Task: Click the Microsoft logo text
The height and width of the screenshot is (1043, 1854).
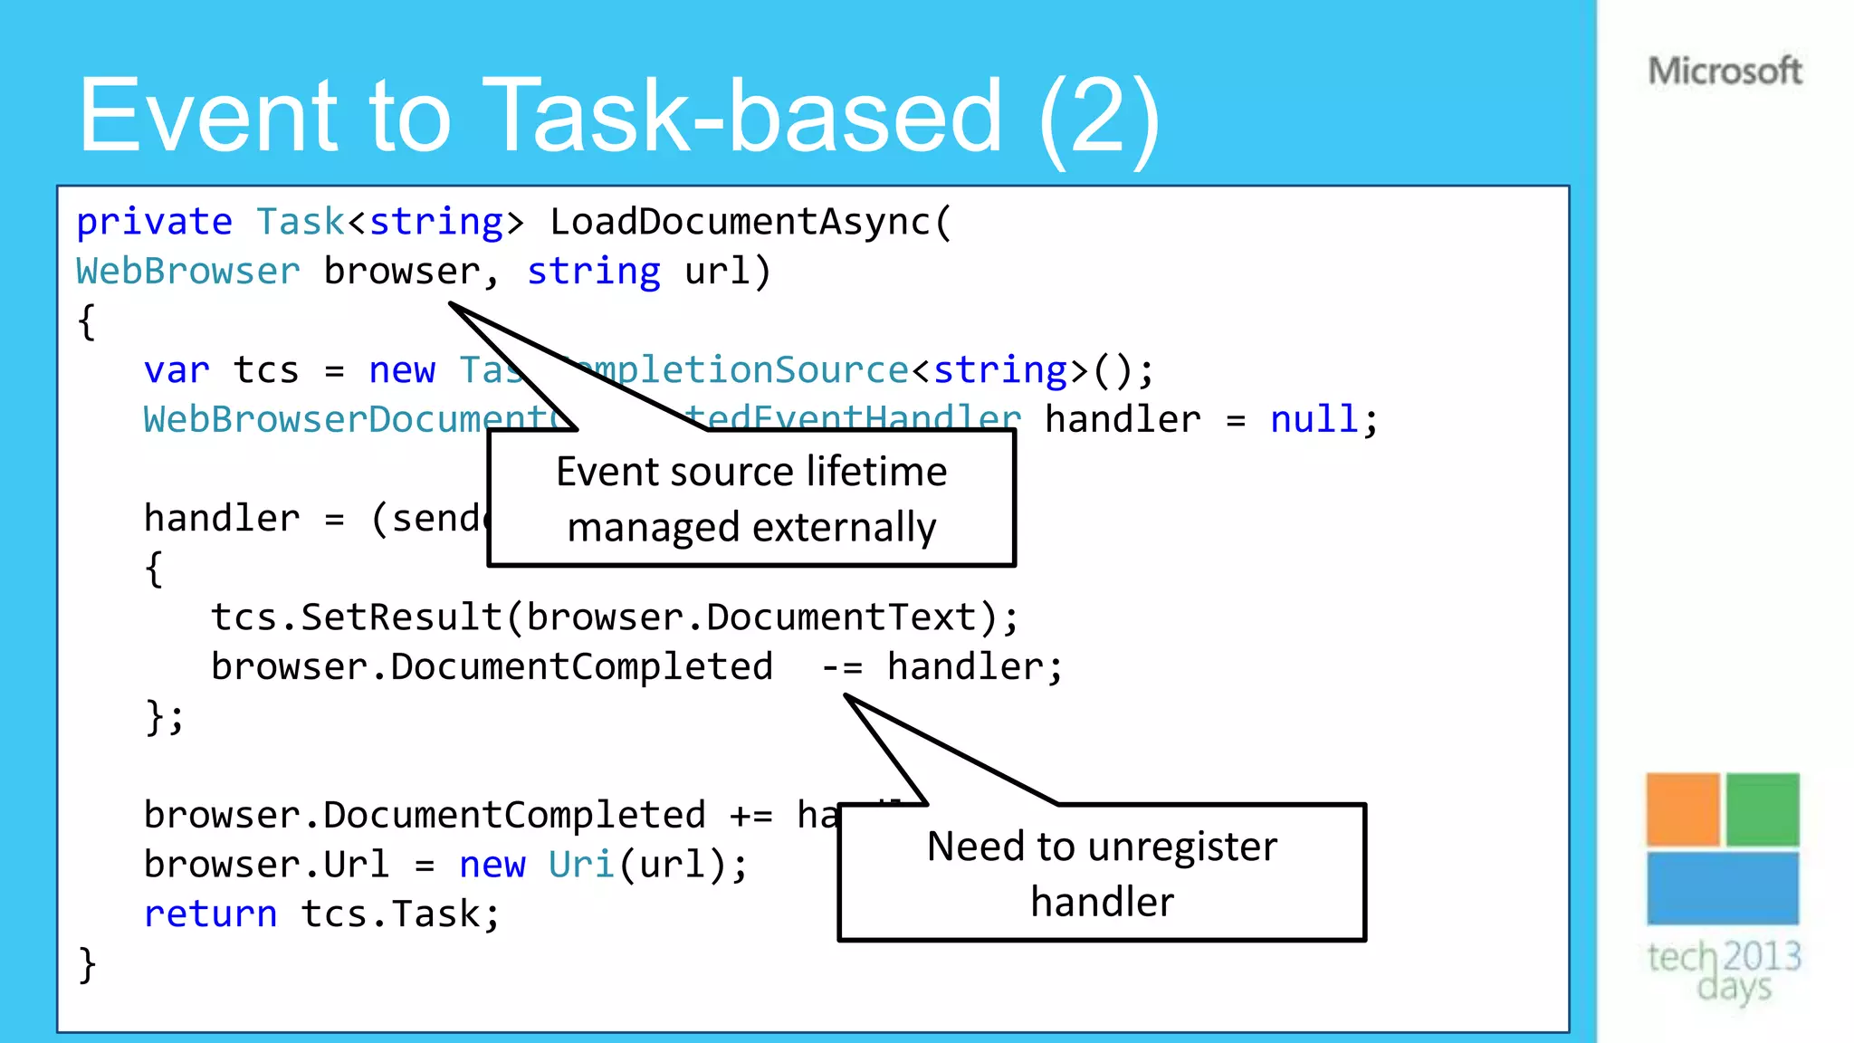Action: [1725, 71]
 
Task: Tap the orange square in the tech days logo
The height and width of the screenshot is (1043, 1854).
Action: [1682, 809]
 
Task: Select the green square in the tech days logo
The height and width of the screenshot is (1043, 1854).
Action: [1762, 809]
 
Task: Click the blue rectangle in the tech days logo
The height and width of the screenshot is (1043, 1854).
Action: [1722, 888]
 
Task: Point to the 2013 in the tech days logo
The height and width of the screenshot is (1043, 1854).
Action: [1762, 956]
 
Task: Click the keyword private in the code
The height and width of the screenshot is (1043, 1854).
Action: [154, 222]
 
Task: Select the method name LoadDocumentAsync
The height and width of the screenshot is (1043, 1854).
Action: [740, 222]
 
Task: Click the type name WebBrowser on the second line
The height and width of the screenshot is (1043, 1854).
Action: [187, 272]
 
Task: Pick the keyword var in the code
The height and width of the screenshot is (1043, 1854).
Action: [176, 370]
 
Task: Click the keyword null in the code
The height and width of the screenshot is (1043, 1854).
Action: [1314, 420]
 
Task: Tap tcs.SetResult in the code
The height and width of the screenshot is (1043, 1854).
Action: [356, 617]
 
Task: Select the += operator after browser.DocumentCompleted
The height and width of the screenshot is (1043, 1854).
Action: [750, 816]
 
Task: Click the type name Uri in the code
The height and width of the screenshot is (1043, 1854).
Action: [581, 865]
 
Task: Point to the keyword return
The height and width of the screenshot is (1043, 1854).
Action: [210, 914]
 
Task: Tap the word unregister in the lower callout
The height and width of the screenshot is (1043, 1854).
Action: [1182, 847]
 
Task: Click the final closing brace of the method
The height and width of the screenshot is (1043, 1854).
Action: [87, 964]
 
